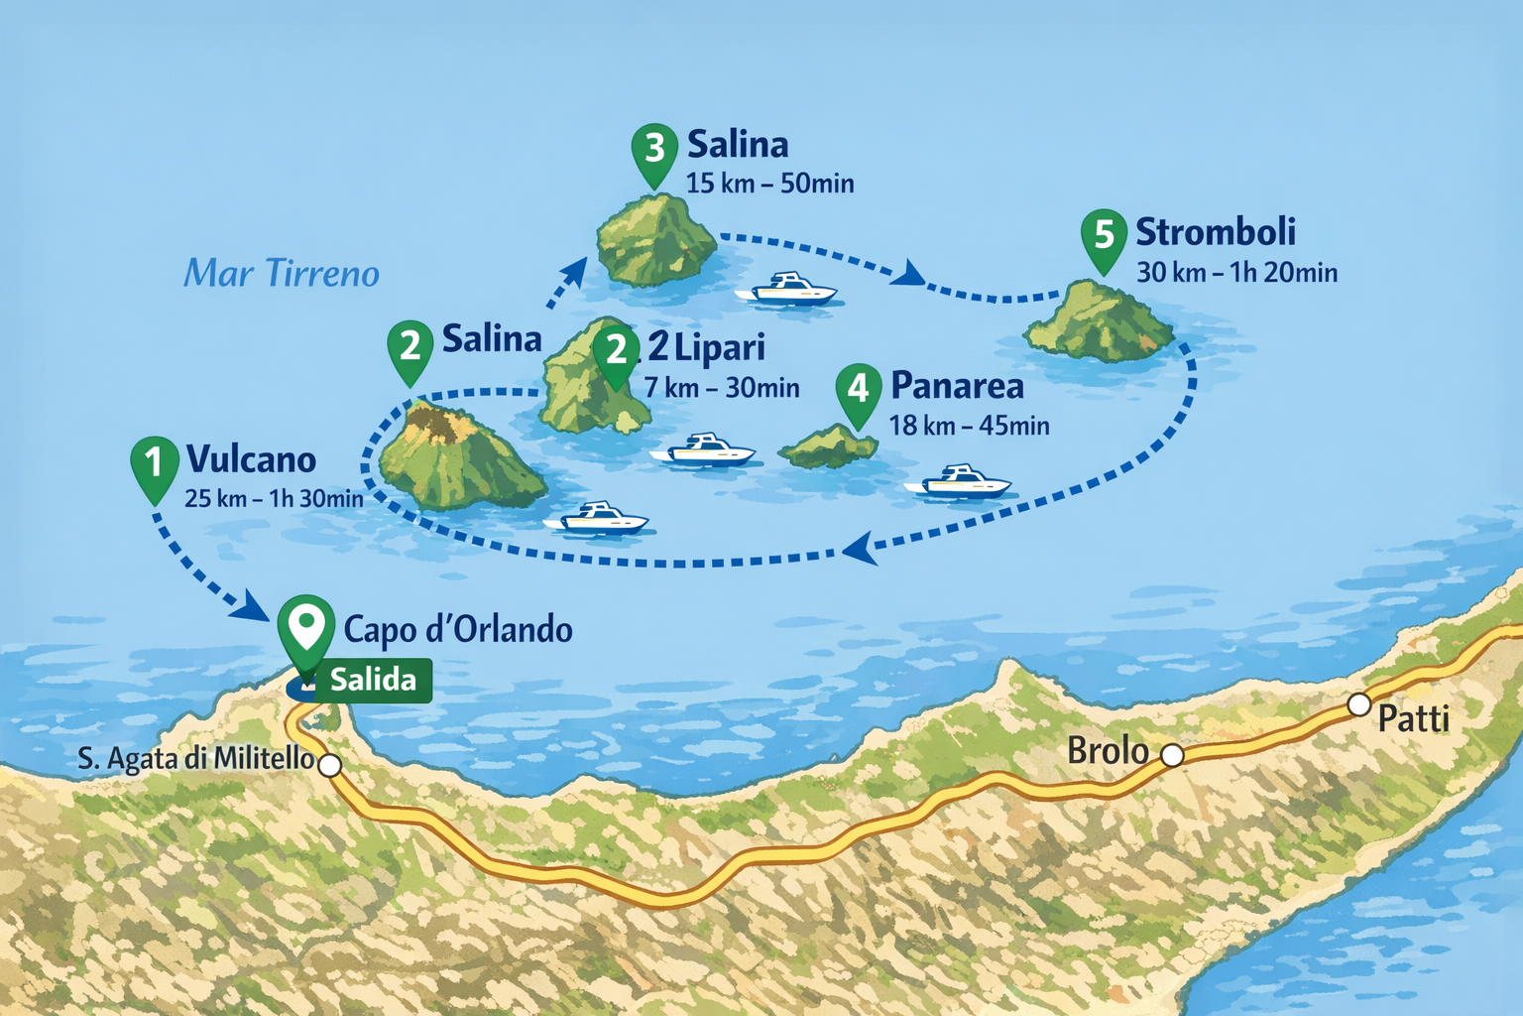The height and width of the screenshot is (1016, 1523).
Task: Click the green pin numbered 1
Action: (154, 464)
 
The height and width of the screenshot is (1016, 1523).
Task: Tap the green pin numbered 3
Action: (654, 151)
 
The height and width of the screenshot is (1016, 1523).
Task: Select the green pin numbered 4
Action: (859, 390)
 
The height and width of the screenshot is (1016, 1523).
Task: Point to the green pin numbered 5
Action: (1104, 238)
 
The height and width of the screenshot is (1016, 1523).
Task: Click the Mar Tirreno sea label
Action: (282, 274)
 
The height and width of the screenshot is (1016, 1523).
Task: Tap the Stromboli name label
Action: (1216, 232)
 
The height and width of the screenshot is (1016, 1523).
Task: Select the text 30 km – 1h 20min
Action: (1236, 273)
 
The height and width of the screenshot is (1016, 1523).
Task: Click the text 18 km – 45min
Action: (969, 427)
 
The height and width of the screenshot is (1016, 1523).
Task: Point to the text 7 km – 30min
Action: (722, 388)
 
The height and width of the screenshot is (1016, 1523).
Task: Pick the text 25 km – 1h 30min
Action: (274, 498)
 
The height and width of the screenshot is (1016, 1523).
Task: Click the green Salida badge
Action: (373, 681)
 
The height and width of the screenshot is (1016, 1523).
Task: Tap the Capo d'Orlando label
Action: (458, 630)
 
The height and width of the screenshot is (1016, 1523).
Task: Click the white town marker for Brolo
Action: (1172, 756)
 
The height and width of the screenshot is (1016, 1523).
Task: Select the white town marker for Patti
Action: (1359, 705)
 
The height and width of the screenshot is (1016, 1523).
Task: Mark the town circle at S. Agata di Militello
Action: (329, 765)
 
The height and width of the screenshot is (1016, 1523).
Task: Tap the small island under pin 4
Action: (828, 448)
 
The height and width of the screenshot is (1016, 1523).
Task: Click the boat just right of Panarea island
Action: (958, 483)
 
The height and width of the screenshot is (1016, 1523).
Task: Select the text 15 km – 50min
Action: (769, 184)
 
